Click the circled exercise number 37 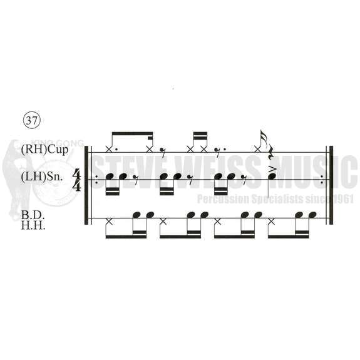[32, 120]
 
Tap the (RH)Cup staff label [45, 150]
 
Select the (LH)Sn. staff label [41, 177]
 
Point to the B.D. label [33, 215]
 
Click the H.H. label [33, 225]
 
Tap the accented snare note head [272, 177]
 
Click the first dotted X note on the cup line [109, 150]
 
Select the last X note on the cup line [258, 150]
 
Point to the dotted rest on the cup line [219, 150]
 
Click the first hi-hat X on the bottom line [109, 222]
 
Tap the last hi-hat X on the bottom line [271, 222]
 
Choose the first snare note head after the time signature [110, 177]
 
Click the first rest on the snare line [135, 177]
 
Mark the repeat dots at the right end [322, 180]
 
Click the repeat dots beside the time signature [96, 180]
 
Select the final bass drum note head [312, 215]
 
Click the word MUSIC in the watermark [314, 172]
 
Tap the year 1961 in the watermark [343, 199]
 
